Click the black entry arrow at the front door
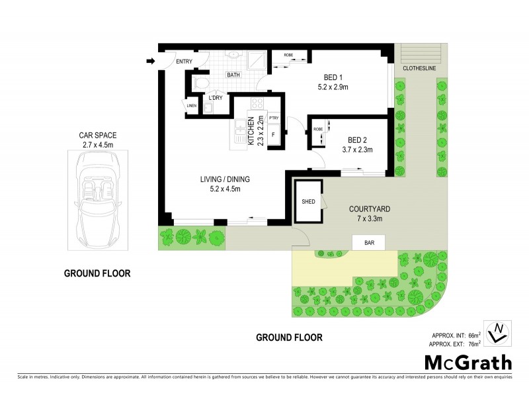point(150,62)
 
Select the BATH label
point(233,75)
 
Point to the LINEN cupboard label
point(191,105)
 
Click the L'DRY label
point(215,98)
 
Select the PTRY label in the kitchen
point(273,118)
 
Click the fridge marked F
point(273,136)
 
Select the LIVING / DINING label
point(225,179)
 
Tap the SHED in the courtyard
point(308,201)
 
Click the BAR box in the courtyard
point(370,243)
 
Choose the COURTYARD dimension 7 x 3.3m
point(366,219)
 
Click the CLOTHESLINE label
point(419,67)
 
